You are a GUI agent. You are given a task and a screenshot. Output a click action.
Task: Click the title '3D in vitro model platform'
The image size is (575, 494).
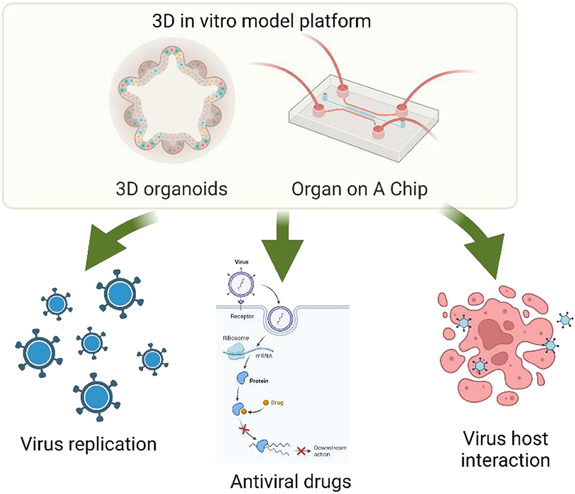(270, 22)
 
